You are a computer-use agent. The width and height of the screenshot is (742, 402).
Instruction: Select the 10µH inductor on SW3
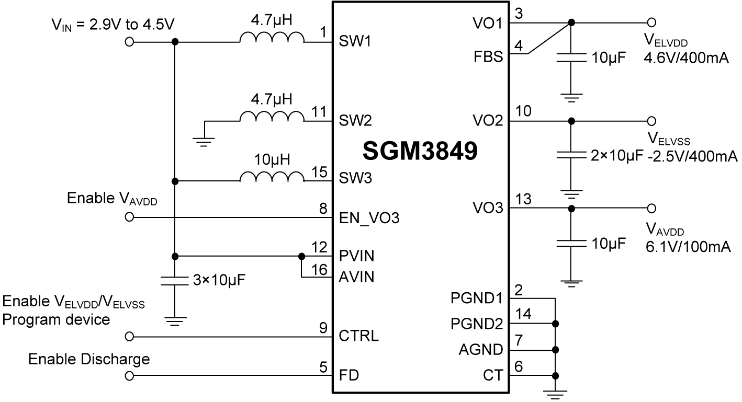point(272,177)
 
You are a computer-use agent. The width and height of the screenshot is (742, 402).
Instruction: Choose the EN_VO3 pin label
point(369,217)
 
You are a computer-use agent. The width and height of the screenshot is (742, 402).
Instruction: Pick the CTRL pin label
point(359,335)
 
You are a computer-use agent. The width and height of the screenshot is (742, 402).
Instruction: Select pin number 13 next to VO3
point(523,199)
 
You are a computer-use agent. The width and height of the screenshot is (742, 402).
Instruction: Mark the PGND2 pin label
point(476,324)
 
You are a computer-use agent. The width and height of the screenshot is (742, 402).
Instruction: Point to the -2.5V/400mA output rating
point(692,156)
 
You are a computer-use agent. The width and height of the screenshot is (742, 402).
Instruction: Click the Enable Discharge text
point(89,359)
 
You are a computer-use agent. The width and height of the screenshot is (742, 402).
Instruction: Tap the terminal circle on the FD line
point(129,375)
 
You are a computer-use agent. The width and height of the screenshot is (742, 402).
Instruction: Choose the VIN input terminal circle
point(129,42)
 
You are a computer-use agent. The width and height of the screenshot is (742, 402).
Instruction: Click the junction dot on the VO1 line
point(571,22)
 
